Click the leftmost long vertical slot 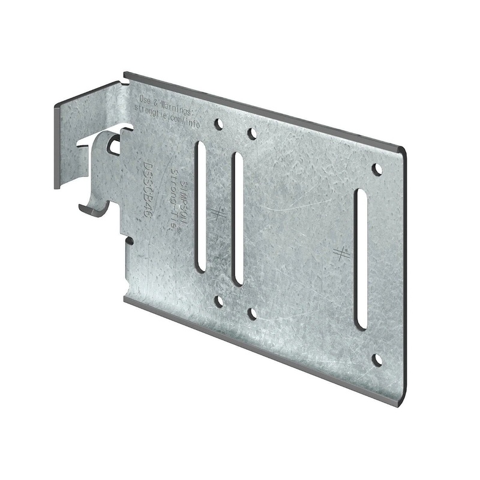200,207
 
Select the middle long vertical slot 238,219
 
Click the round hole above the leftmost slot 219,124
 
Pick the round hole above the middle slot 252,133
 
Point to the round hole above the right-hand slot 377,169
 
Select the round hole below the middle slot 252,313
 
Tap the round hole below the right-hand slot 377,359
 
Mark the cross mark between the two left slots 218,212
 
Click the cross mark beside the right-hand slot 341,253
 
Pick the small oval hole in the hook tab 115,144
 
